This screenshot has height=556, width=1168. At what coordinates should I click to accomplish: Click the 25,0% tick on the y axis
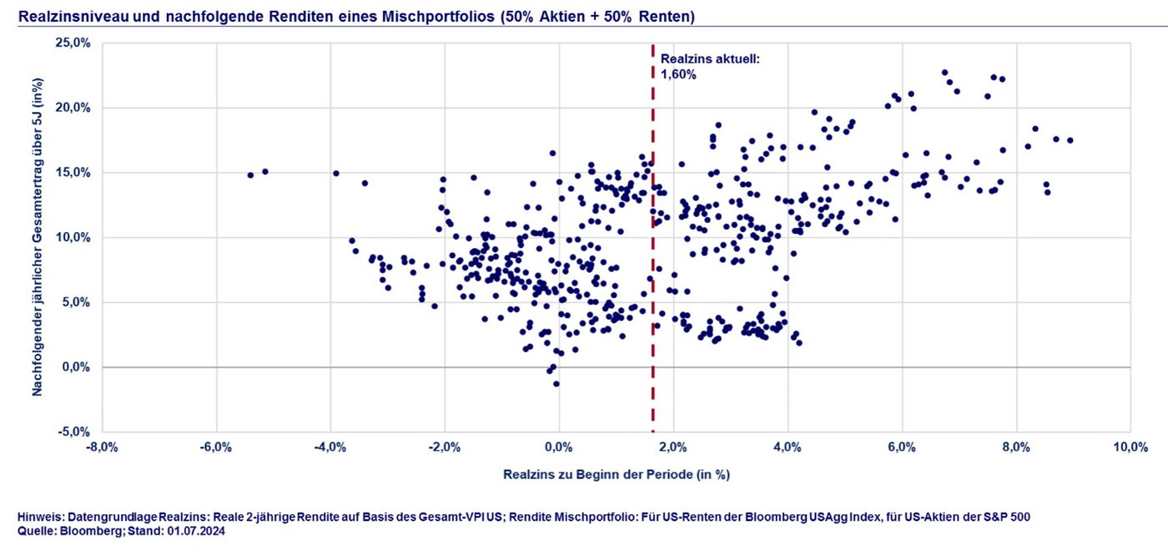(x=73, y=43)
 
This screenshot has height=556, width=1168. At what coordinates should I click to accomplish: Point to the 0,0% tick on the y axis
(x=77, y=367)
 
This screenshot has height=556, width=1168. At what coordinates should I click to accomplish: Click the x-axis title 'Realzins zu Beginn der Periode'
(x=617, y=474)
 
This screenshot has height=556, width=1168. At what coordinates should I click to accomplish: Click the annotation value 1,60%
(x=678, y=74)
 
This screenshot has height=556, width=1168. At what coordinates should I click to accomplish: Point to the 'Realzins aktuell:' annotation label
(x=710, y=59)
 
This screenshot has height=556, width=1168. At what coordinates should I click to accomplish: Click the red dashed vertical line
(x=652, y=250)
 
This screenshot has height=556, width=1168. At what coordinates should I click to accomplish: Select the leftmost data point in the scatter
(x=250, y=175)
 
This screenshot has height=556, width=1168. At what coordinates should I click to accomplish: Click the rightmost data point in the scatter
(x=1070, y=140)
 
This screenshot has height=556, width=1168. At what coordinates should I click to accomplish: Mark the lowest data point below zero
(x=556, y=384)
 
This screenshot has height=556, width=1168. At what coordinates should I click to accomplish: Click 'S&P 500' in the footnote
(x=1006, y=518)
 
